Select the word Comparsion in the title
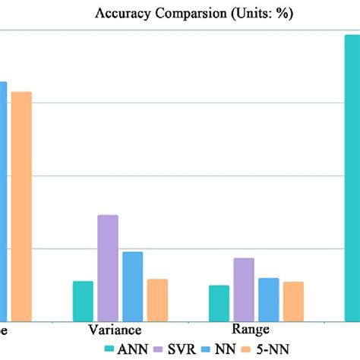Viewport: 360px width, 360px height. point(178,14)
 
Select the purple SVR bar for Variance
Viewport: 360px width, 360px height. point(108,267)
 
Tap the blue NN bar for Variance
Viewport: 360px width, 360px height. point(133,286)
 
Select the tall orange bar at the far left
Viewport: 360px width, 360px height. point(21,206)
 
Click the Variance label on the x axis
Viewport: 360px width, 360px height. point(115,330)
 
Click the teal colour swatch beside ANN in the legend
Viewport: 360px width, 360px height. point(109,349)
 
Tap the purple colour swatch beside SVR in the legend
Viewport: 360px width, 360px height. point(160,349)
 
